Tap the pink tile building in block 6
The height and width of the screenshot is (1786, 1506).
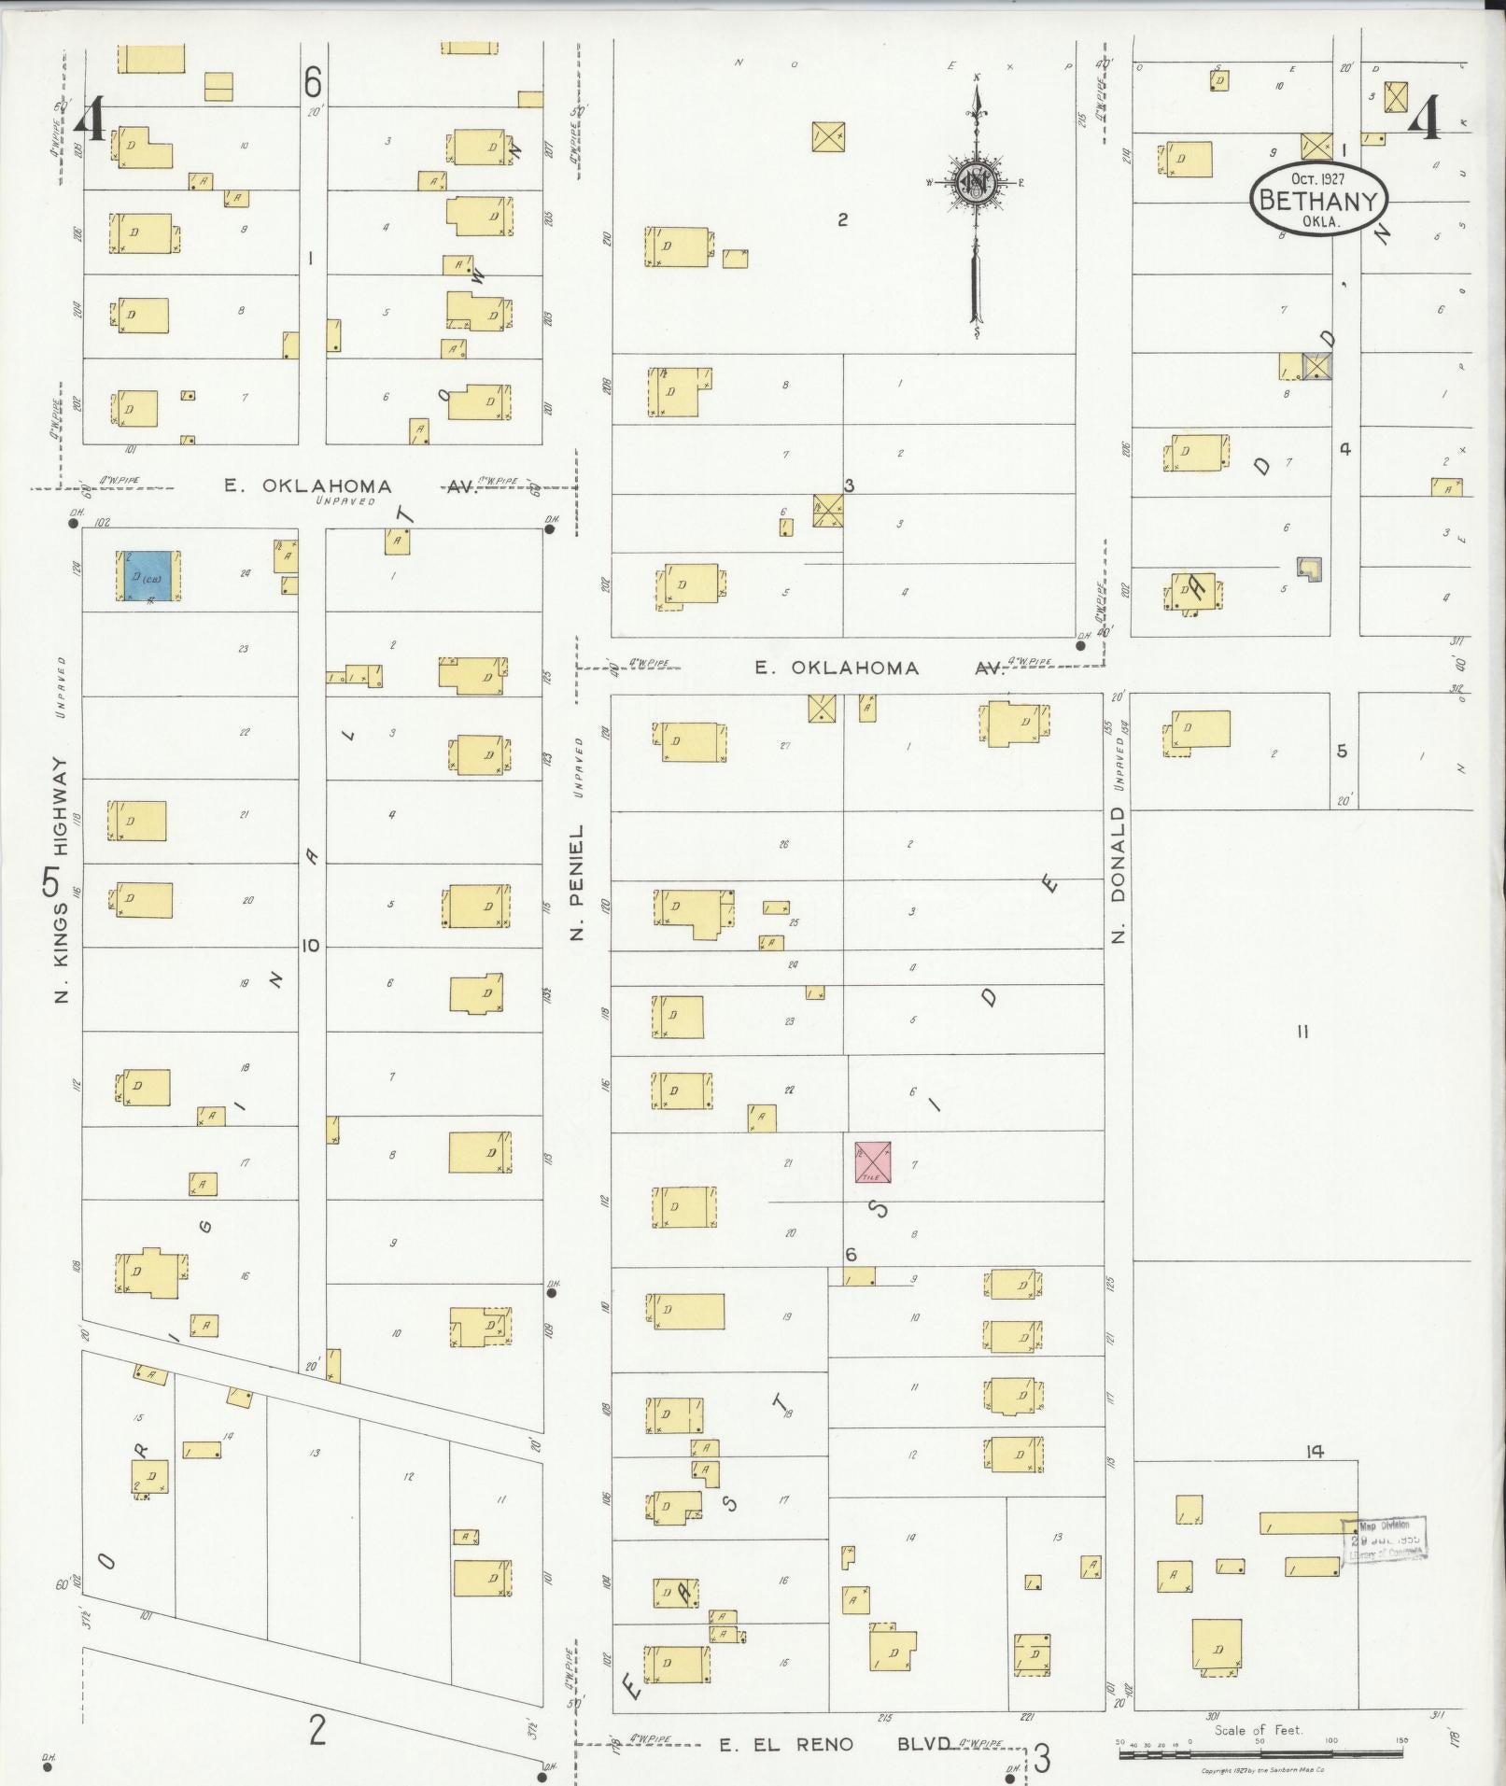click(873, 1162)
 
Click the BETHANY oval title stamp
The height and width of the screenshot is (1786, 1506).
click(1318, 199)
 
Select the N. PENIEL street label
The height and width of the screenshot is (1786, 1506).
click(578, 881)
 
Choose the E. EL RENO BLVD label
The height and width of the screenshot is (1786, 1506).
click(837, 1744)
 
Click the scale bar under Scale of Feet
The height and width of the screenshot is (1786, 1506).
click(1259, 1755)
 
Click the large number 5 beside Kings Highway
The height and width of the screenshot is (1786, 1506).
click(50, 882)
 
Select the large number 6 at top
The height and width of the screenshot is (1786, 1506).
click(313, 82)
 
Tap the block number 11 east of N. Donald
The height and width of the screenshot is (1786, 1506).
click(1302, 1032)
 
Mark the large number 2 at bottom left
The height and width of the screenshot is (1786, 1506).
click(317, 1732)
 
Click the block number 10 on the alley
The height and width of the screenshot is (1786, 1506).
click(311, 946)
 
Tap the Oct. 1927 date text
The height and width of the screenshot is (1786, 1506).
click(1318, 178)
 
